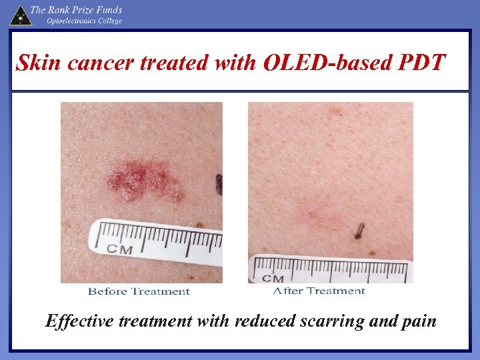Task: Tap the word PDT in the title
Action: [421, 63]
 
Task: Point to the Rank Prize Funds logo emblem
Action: [20, 15]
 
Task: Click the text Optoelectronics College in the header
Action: [84, 21]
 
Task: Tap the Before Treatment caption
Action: [139, 291]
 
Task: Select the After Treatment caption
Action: [319, 291]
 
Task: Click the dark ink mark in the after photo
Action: [359, 231]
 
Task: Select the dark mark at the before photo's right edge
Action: [219, 184]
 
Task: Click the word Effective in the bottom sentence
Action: [79, 321]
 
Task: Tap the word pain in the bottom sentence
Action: [419, 321]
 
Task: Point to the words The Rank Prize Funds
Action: [76, 10]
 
